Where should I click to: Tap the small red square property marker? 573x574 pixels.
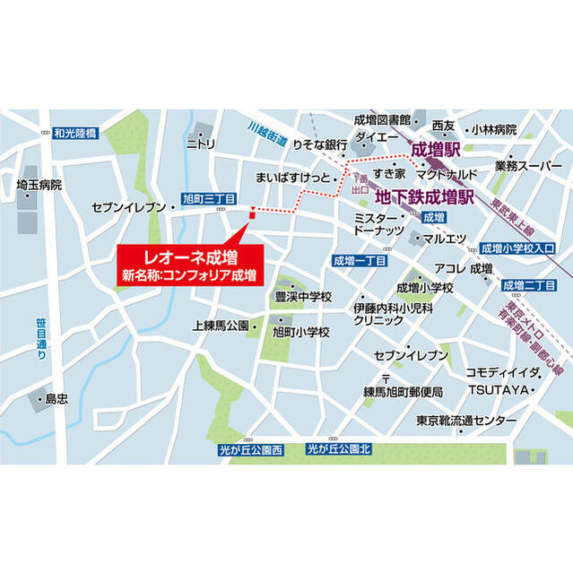click(252, 213)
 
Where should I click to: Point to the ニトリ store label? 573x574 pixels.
click(200, 143)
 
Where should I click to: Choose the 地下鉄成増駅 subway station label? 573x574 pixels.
click(424, 195)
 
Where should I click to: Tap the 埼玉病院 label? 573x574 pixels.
click(39, 186)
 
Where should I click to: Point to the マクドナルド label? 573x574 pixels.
click(446, 172)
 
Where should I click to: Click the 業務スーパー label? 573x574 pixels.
click(528, 167)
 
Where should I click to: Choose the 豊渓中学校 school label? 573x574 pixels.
click(303, 297)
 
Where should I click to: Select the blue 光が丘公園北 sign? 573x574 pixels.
click(338, 448)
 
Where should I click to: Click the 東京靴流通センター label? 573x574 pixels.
click(466, 421)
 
